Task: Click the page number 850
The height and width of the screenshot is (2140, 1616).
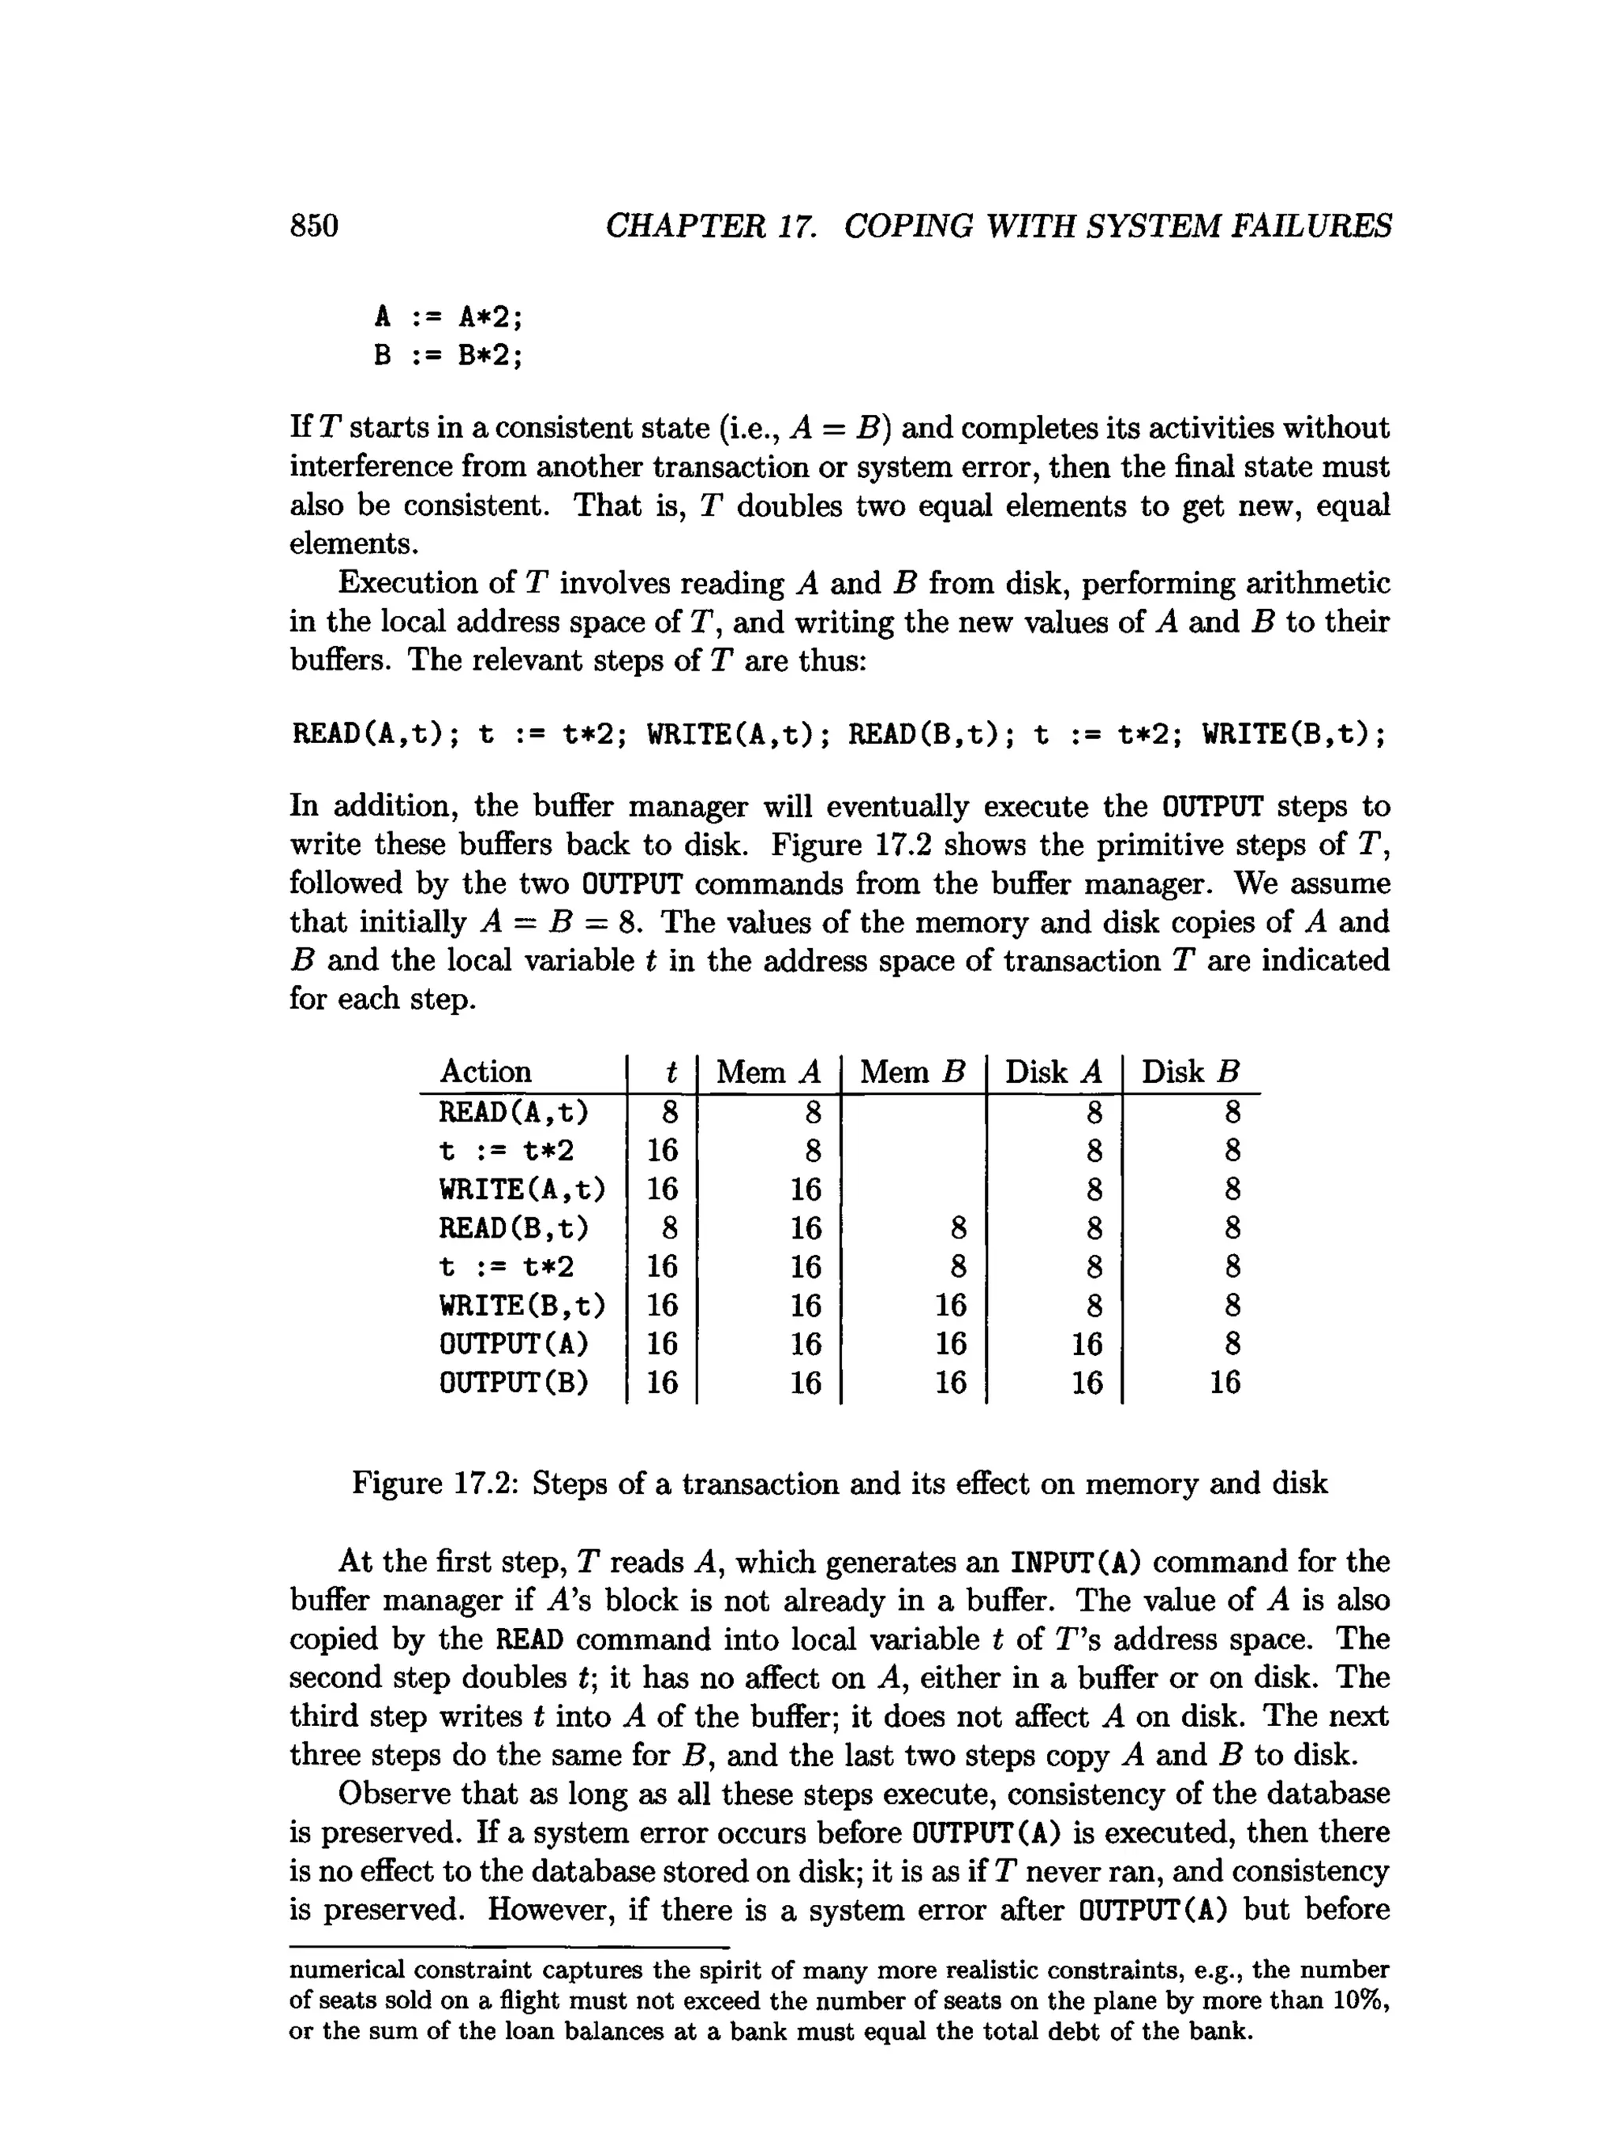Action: pyautogui.click(x=315, y=226)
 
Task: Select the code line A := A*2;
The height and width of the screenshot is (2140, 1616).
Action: pyautogui.click(x=448, y=316)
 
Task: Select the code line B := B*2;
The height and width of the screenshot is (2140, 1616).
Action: pyautogui.click(x=448, y=356)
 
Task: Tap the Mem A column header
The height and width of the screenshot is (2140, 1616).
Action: pyautogui.click(x=769, y=1072)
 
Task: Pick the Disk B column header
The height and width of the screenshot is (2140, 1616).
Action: pyautogui.click(x=1190, y=1072)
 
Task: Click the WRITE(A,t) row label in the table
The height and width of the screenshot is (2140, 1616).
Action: pyautogui.click(x=522, y=1189)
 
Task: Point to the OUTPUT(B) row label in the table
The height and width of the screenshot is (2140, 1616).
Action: pyautogui.click(x=514, y=1383)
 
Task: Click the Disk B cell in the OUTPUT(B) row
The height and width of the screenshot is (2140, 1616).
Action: pyautogui.click(x=1224, y=1383)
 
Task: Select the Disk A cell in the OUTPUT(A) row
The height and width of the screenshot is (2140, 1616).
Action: pyautogui.click(x=1087, y=1344)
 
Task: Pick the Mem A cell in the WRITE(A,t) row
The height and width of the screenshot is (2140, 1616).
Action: pyautogui.click(x=805, y=1189)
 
